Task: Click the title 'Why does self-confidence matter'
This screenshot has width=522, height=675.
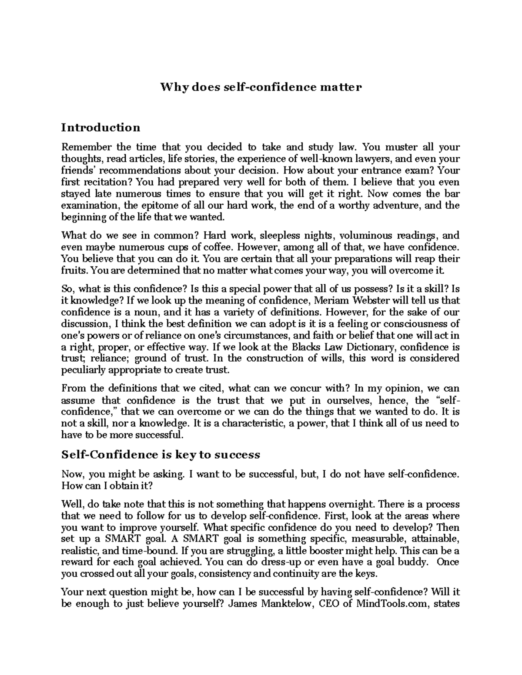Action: click(261, 87)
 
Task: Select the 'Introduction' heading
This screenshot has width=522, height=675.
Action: click(100, 127)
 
